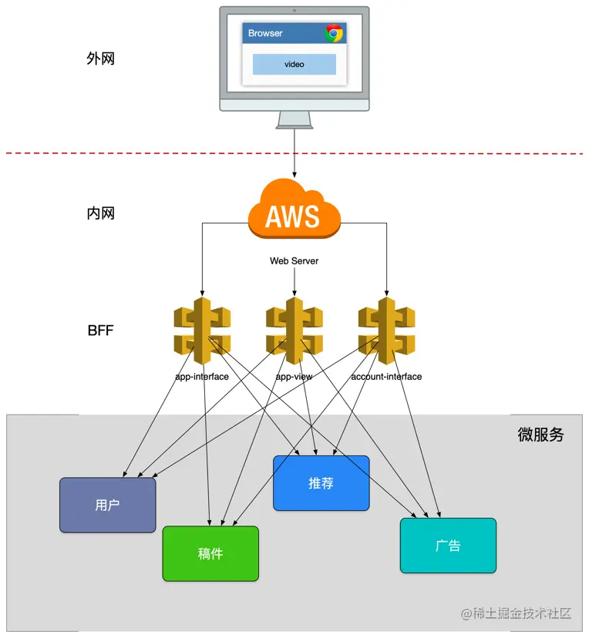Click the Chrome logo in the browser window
point(334,33)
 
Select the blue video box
point(294,65)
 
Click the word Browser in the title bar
point(265,33)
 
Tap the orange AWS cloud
point(294,210)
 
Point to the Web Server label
point(294,261)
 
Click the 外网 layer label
point(100,59)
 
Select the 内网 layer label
point(100,213)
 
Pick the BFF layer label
point(101,331)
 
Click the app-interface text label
point(202,377)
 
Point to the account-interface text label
point(386,377)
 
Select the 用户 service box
point(107,505)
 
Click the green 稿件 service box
point(210,553)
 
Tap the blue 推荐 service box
point(321,483)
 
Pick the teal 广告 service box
point(448,546)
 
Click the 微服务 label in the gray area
point(540,435)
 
